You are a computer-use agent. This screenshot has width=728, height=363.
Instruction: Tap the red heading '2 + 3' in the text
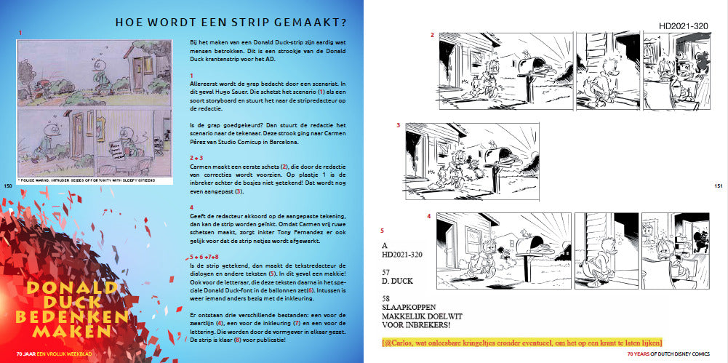tap(195, 156)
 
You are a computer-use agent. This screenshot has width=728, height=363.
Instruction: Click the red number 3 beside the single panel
tap(398, 125)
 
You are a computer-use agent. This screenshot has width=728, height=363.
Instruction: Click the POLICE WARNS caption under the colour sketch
tap(85, 178)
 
